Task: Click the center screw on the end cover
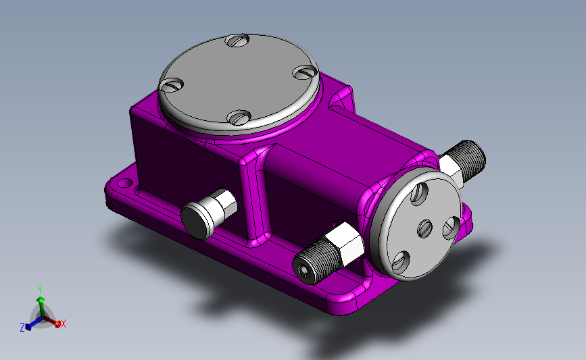424,228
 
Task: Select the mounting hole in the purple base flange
125,184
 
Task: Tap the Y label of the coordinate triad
40,290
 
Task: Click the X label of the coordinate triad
64,324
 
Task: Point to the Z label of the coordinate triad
22,328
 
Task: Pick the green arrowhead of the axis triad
41,300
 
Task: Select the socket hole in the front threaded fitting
301,269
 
